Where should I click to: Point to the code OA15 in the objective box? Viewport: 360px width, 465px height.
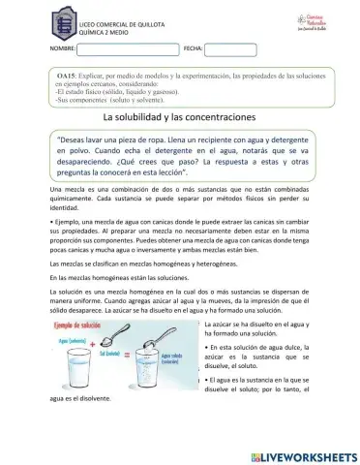click(x=69, y=76)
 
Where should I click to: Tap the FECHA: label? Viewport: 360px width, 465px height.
click(x=192, y=48)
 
